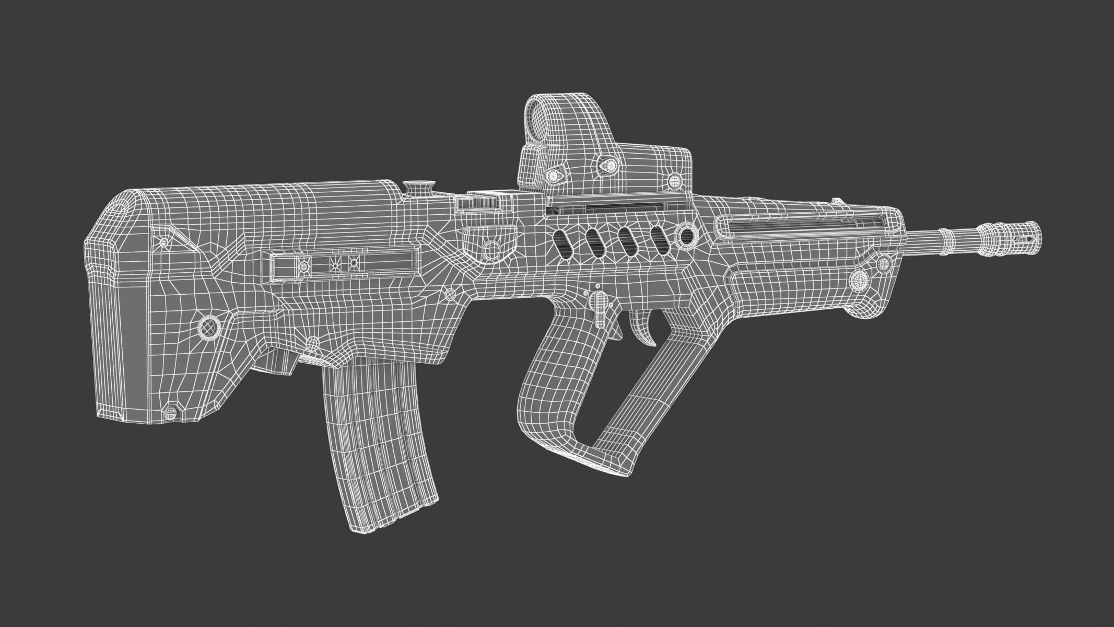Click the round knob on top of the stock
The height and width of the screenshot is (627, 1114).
click(x=419, y=188)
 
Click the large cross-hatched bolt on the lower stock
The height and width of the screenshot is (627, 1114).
click(x=210, y=328)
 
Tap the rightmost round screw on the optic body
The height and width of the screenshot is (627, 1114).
click(x=675, y=181)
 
